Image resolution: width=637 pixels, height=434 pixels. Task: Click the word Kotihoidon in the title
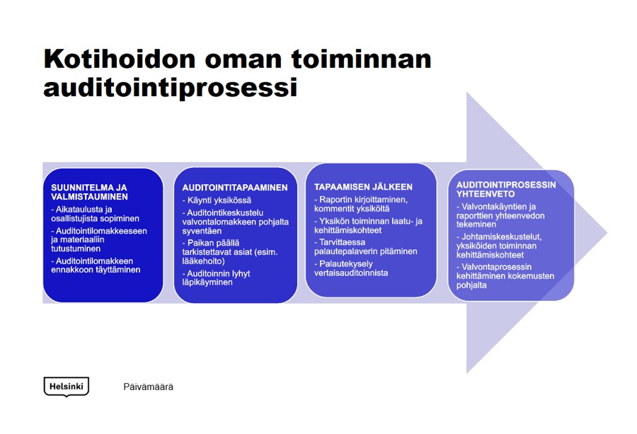point(120,59)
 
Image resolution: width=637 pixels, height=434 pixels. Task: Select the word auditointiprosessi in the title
point(170,87)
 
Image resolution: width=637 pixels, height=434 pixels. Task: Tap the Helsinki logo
point(66,387)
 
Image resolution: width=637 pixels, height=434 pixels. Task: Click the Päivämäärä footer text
point(149,387)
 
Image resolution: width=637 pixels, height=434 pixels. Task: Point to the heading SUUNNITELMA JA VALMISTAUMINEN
point(89,192)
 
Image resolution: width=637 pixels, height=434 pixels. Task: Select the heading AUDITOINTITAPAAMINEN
point(235,188)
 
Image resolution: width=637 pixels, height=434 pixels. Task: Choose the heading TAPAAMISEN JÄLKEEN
point(363,187)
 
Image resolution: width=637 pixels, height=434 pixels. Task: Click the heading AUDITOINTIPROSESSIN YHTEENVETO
point(506,189)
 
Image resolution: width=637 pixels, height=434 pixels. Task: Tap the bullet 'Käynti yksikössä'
point(217,200)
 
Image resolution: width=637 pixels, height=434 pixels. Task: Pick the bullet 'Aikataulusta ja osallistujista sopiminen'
point(95,214)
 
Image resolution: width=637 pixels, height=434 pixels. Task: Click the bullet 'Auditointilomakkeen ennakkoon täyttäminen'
point(96,265)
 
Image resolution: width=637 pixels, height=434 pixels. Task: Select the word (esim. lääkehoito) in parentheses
point(230,256)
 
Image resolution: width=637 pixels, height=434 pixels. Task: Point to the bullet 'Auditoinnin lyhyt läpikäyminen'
point(216,278)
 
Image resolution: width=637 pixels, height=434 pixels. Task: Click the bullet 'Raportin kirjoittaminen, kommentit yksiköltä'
point(361,204)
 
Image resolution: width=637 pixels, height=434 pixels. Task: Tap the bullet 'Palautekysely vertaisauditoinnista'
point(351,268)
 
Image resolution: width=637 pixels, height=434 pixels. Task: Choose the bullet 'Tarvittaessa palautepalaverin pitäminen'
point(366,246)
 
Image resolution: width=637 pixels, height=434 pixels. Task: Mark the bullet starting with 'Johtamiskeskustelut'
point(499,246)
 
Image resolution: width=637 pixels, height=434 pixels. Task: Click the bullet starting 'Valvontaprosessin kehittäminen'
point(505,276)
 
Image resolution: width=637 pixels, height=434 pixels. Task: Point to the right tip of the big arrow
point(607,233)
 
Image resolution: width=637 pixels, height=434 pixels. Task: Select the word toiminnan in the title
point(361,59)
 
